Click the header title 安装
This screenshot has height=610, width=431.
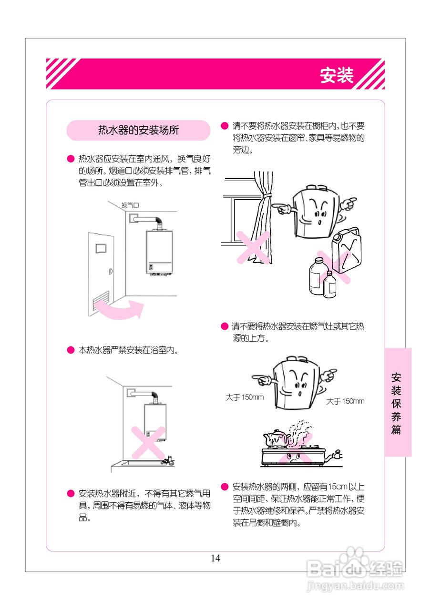pyautogui.click(x=337, y=75)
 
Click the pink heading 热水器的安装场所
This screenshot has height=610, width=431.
pyautogui.click(x=138, y=131)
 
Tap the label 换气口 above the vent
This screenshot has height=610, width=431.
pyautogui.click(x=130, y=205)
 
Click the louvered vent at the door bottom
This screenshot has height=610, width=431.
pyautogui.click(x=101, y=303)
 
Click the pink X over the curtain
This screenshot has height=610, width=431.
pyautogui.click(x=253, y=247)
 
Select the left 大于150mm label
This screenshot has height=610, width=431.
pyautogui.click(x=245, y=397)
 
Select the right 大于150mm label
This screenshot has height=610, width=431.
pyautogui.click(x=345, y=401)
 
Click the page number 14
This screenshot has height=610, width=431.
pyautogui.click(x=215, y=558)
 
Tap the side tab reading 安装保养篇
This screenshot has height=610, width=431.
pyautogui.click(x=397, y=403)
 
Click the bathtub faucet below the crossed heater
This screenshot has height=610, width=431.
pyautogui.click(x=167, y=460)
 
